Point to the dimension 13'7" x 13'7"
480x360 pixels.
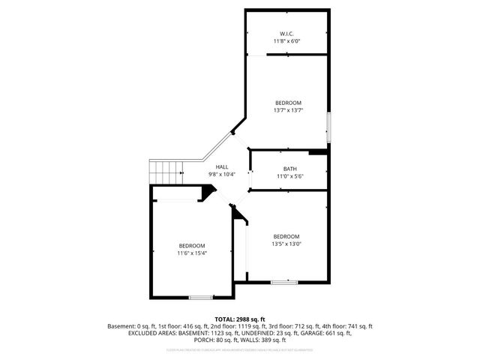click(288, 110)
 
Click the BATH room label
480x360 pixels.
click(289, 169)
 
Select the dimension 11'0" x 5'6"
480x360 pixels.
click(289, 176)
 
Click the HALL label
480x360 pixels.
click(222, 166)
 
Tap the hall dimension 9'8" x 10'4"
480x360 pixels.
click(222, 174)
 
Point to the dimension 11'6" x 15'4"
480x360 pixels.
click(191, 253)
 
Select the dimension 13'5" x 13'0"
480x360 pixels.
click(286, 244)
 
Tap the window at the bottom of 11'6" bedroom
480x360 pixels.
click(200, 298)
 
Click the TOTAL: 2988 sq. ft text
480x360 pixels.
click(240, 319)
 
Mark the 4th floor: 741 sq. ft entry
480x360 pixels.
click(349, 326)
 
